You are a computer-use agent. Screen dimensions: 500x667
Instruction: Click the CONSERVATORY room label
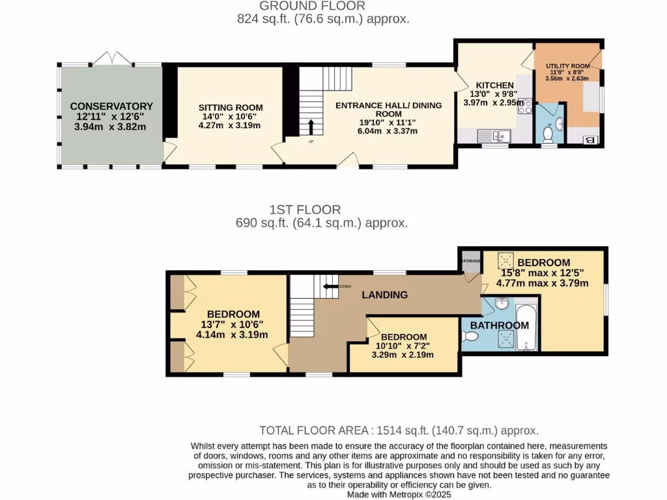[111, 106]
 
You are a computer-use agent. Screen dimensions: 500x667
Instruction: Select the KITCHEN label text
[494, 85]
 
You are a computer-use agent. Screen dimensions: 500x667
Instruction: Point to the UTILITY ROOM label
[567, 66]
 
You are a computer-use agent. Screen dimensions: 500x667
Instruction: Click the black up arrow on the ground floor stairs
[311, 126]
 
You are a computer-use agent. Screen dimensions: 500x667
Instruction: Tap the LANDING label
[385, 295]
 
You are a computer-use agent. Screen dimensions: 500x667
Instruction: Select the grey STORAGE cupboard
[470, 261]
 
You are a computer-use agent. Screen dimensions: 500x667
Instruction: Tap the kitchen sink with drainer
[494, 135]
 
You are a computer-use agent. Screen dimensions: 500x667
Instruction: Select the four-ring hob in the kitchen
[525, 106]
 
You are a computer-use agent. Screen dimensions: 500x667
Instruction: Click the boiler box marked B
[591, 139]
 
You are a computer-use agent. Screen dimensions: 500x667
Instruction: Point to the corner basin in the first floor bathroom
[500, 304]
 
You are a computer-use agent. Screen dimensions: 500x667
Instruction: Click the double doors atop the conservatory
[113, 59]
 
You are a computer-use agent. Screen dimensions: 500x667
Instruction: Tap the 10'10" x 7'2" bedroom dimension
[402, 346]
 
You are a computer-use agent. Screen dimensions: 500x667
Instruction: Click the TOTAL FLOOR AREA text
[399, 430]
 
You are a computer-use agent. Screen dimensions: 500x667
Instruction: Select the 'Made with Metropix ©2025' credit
[398, 494]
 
